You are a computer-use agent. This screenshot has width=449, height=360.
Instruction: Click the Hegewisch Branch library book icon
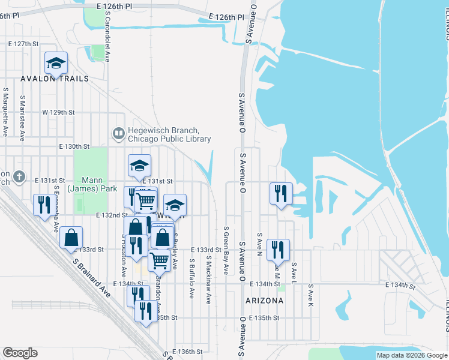pos(118,133)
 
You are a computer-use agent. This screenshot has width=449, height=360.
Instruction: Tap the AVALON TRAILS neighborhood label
pos(55,79)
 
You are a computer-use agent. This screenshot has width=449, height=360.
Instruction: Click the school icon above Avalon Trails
pos(56,62)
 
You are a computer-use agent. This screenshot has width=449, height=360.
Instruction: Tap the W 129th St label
pos(58,112)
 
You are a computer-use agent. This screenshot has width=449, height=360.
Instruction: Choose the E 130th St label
pos(74,146)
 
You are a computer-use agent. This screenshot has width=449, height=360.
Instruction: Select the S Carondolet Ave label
pos(107,43)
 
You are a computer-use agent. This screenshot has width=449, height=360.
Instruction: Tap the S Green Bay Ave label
pos(226,250)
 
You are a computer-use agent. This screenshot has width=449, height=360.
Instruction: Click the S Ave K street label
pos(311,296)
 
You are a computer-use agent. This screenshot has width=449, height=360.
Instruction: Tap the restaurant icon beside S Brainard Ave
pos(43,205)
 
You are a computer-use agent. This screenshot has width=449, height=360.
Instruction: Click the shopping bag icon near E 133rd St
pos(71,238)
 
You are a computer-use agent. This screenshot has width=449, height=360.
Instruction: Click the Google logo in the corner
pos(20,353)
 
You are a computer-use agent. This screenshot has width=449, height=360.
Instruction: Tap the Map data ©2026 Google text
pos(412,355)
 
